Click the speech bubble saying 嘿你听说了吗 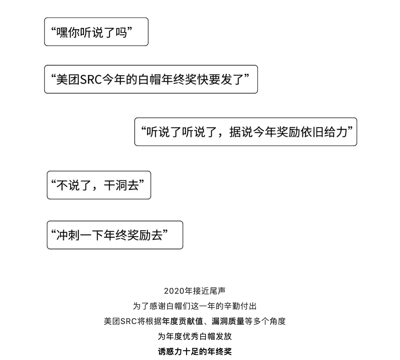point(96,32)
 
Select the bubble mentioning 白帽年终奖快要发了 point(151,79)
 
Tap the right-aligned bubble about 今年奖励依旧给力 point(245,132)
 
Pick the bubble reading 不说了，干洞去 point(99,185)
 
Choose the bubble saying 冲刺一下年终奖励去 point(115,235)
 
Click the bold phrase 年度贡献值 point(183,321)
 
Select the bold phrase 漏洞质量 point(228,321)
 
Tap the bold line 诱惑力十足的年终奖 point(195,351)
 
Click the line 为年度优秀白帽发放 point(195,336)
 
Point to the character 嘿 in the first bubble point(62,32)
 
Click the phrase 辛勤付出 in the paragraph point(240,306)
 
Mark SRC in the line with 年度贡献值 point(129,321)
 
